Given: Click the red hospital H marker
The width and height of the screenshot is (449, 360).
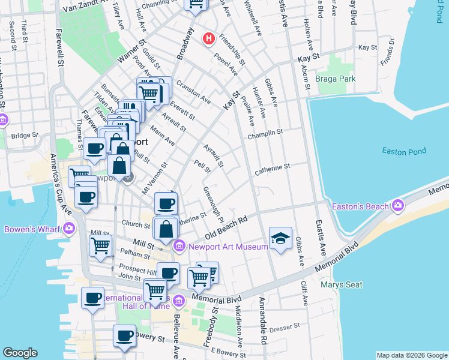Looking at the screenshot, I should [x=208, y=39].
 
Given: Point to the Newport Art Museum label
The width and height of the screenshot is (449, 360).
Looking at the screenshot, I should [x=228, y=247].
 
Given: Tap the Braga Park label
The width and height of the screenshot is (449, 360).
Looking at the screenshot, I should [x=337, y=79].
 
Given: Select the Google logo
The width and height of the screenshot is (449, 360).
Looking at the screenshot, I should [x=20, y=353].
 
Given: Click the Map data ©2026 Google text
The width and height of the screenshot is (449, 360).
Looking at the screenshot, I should [x=411, y=355].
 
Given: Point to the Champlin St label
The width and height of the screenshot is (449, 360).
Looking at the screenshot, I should [x=266, y=134].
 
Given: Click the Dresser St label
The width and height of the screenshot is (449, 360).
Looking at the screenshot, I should [x=284, y=328].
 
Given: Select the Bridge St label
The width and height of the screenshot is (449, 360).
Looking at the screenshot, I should [x=24, y=136].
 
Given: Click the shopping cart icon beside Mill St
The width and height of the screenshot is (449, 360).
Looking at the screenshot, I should [x=100, y=245].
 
